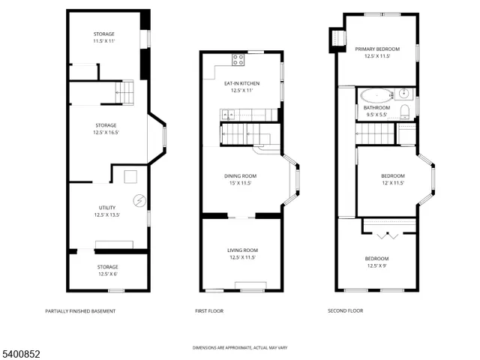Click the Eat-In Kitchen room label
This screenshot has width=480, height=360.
[x=241, y=86]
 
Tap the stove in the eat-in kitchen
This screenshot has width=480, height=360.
[x=239, y=59]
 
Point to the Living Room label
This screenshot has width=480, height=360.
[x=242, y=253]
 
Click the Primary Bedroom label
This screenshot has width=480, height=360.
[x=377, y=52]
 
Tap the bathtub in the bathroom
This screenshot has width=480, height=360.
[x=374, y=95]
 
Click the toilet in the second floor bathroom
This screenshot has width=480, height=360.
[x=405, y=112]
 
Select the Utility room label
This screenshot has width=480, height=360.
[x=106, y=210]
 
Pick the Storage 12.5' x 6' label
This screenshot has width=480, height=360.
[x=107, y=270]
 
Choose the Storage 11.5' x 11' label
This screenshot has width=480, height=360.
[x=104, y=38]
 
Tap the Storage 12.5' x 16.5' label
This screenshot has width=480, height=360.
[x=106, y=129]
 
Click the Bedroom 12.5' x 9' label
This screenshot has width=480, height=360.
[x=377, y=262]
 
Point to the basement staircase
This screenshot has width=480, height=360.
[x=124, y=92]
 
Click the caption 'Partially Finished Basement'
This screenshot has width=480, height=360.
[x=80, y=311]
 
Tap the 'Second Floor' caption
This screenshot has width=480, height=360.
[x=345, y=310]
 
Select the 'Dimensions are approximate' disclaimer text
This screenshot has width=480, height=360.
[x=239, y=348]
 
